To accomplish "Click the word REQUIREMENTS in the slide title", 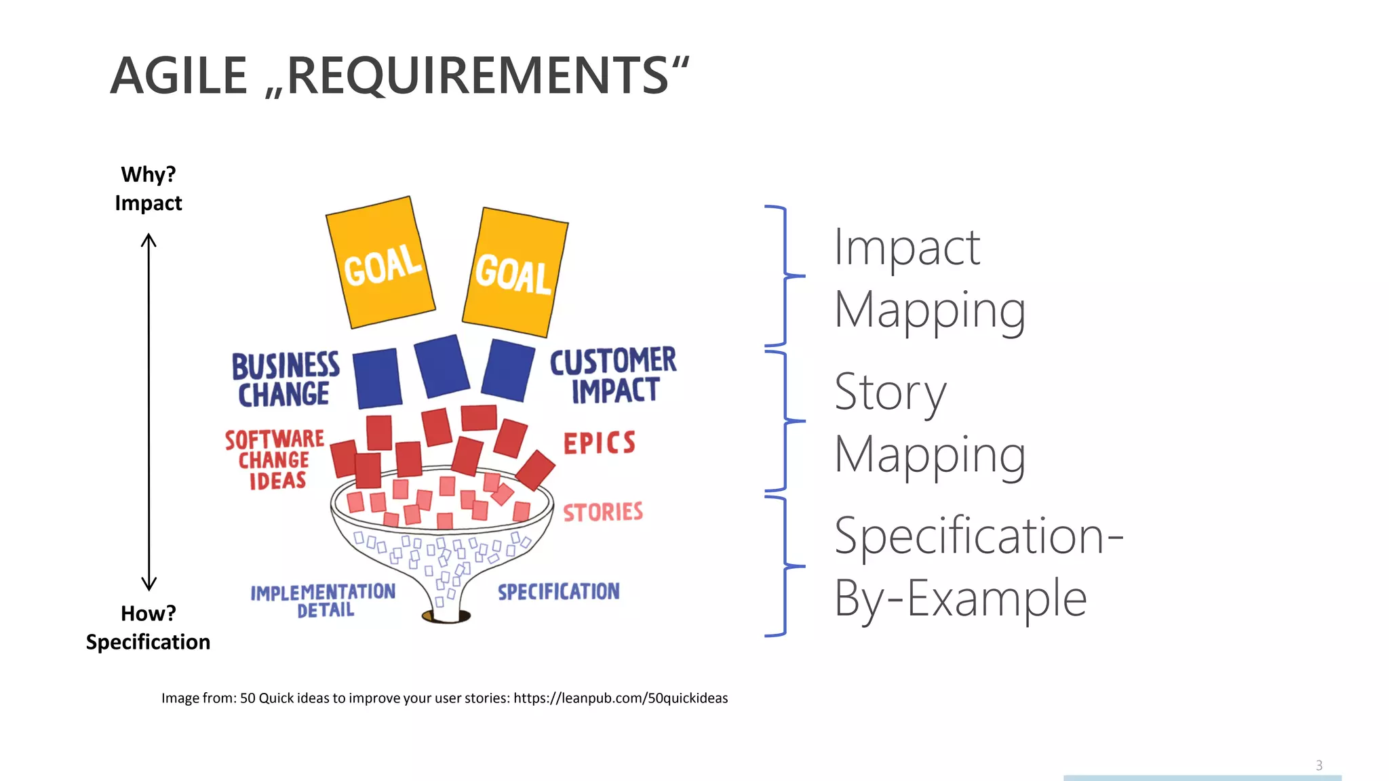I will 478,75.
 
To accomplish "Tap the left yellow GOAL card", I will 380,262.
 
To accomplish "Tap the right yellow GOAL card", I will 515,273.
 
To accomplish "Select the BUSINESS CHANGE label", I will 285,380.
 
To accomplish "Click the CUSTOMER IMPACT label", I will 613,375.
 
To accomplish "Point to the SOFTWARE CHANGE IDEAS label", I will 275,460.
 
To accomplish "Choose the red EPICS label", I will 600,443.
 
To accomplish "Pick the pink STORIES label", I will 603,512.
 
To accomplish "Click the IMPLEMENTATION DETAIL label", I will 323,600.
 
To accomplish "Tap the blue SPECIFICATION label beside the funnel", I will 559,591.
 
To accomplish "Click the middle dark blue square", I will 442,366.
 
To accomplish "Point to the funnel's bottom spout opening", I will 446,616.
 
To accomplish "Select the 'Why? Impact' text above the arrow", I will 149,188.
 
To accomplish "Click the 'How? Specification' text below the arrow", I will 148,628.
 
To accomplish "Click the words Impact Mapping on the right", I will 929,278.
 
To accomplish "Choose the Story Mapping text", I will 929,423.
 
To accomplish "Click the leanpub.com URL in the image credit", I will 620,698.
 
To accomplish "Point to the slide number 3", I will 1318,765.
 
